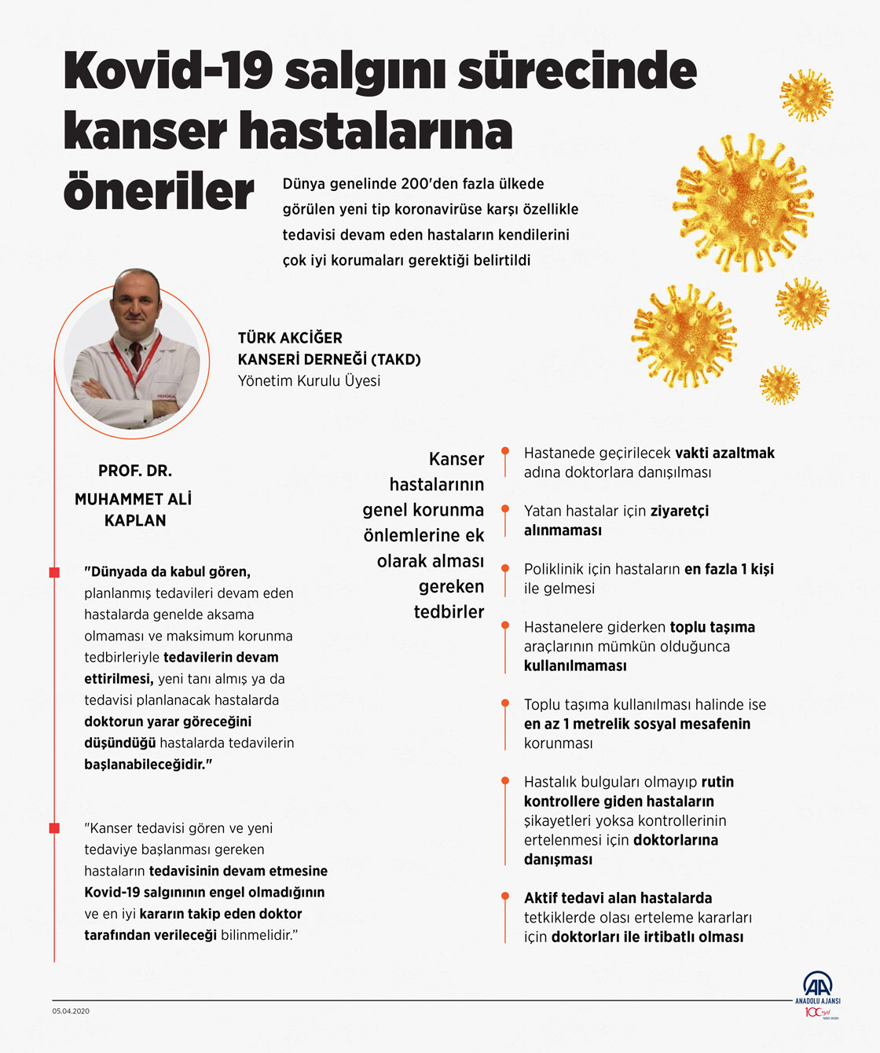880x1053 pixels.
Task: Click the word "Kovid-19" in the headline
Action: pyautogui.click(x=168, y=71)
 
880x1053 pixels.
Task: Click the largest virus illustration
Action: pyautogui.click(x=742, y=203)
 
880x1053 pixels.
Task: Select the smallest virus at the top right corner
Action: pyautogui.click(x=779, y=385)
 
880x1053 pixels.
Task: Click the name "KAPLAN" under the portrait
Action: pyautogui.click(x=135, y=520)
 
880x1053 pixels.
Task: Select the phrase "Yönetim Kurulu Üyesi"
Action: pyautogui.click(x=309, y=380)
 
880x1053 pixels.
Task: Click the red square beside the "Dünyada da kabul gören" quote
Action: pyautogui.click(x=54, y=572)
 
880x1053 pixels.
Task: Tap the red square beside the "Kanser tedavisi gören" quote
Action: pyautogui.click(x=54, y=828)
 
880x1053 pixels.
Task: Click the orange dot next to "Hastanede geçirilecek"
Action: pyautogui.click(x=505, y=452)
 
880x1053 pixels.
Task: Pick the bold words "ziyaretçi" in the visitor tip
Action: pyautogui.click(x=679, y=511)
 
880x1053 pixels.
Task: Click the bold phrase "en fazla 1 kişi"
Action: pyautogui.click(x=728, y=569)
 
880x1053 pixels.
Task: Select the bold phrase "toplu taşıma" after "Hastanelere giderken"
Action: pyautogui.click(x=712, y=627)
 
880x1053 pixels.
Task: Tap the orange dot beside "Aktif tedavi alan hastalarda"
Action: pyautogui.click(x=505, y=897)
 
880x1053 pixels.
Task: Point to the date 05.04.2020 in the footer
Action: pyautogui.click(x=71, y=1011)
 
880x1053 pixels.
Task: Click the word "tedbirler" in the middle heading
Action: pyautogui.click(x=449, y=611)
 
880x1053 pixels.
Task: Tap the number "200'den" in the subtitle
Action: pyautogui.click(x=427, y=184)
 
